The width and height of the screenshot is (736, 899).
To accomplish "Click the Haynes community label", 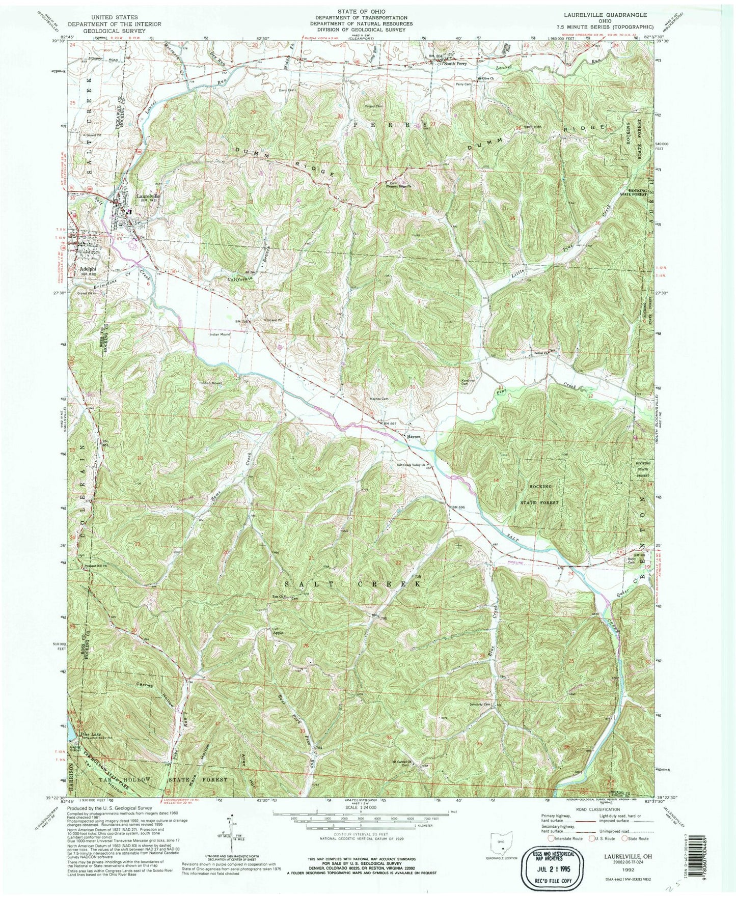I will pyautogui.click(x=413, y=436).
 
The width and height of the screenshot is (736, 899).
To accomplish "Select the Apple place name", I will pyautogui.click(x=278, y=633).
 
